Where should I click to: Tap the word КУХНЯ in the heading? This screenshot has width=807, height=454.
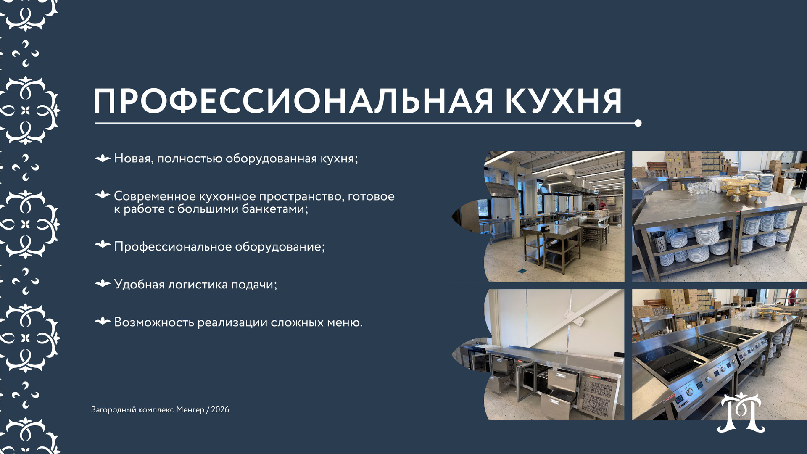563,101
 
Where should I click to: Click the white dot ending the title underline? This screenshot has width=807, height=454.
638,123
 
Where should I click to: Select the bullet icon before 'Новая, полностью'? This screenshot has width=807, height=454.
103,158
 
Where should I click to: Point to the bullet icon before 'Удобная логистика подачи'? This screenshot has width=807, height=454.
103,284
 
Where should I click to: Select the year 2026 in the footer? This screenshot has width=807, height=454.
220,409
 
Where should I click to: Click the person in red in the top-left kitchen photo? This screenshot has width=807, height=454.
602,205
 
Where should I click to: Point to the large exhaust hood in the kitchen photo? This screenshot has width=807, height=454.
561,182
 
